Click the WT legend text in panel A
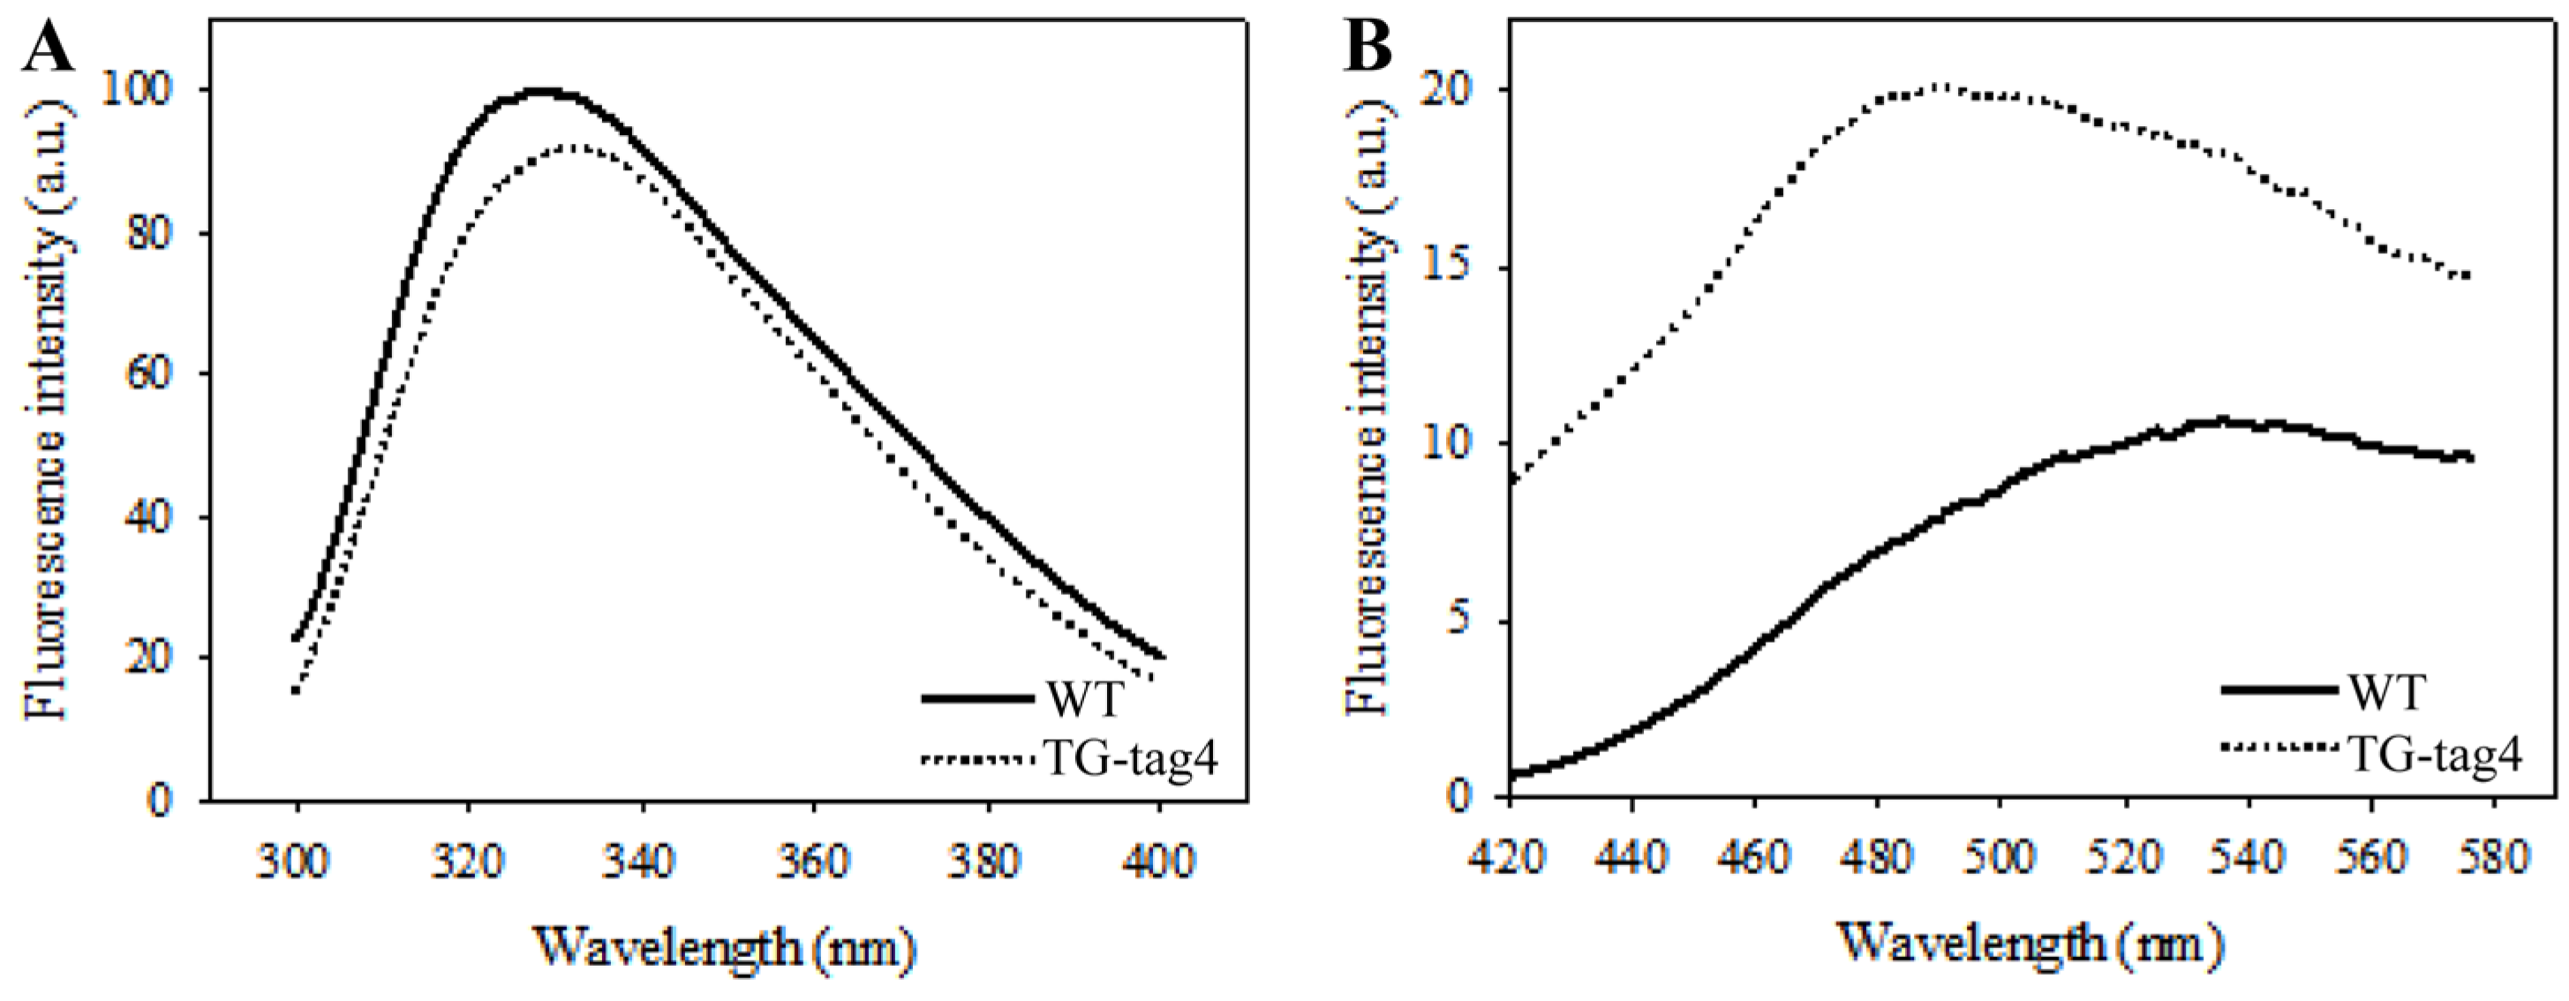coord(1084,699)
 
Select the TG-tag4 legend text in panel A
coord(1130,761)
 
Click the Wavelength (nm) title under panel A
coord(725,949)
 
